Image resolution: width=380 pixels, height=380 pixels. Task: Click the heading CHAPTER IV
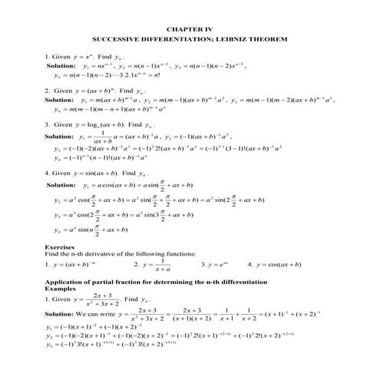pyautogui.click(x=190, y=25)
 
